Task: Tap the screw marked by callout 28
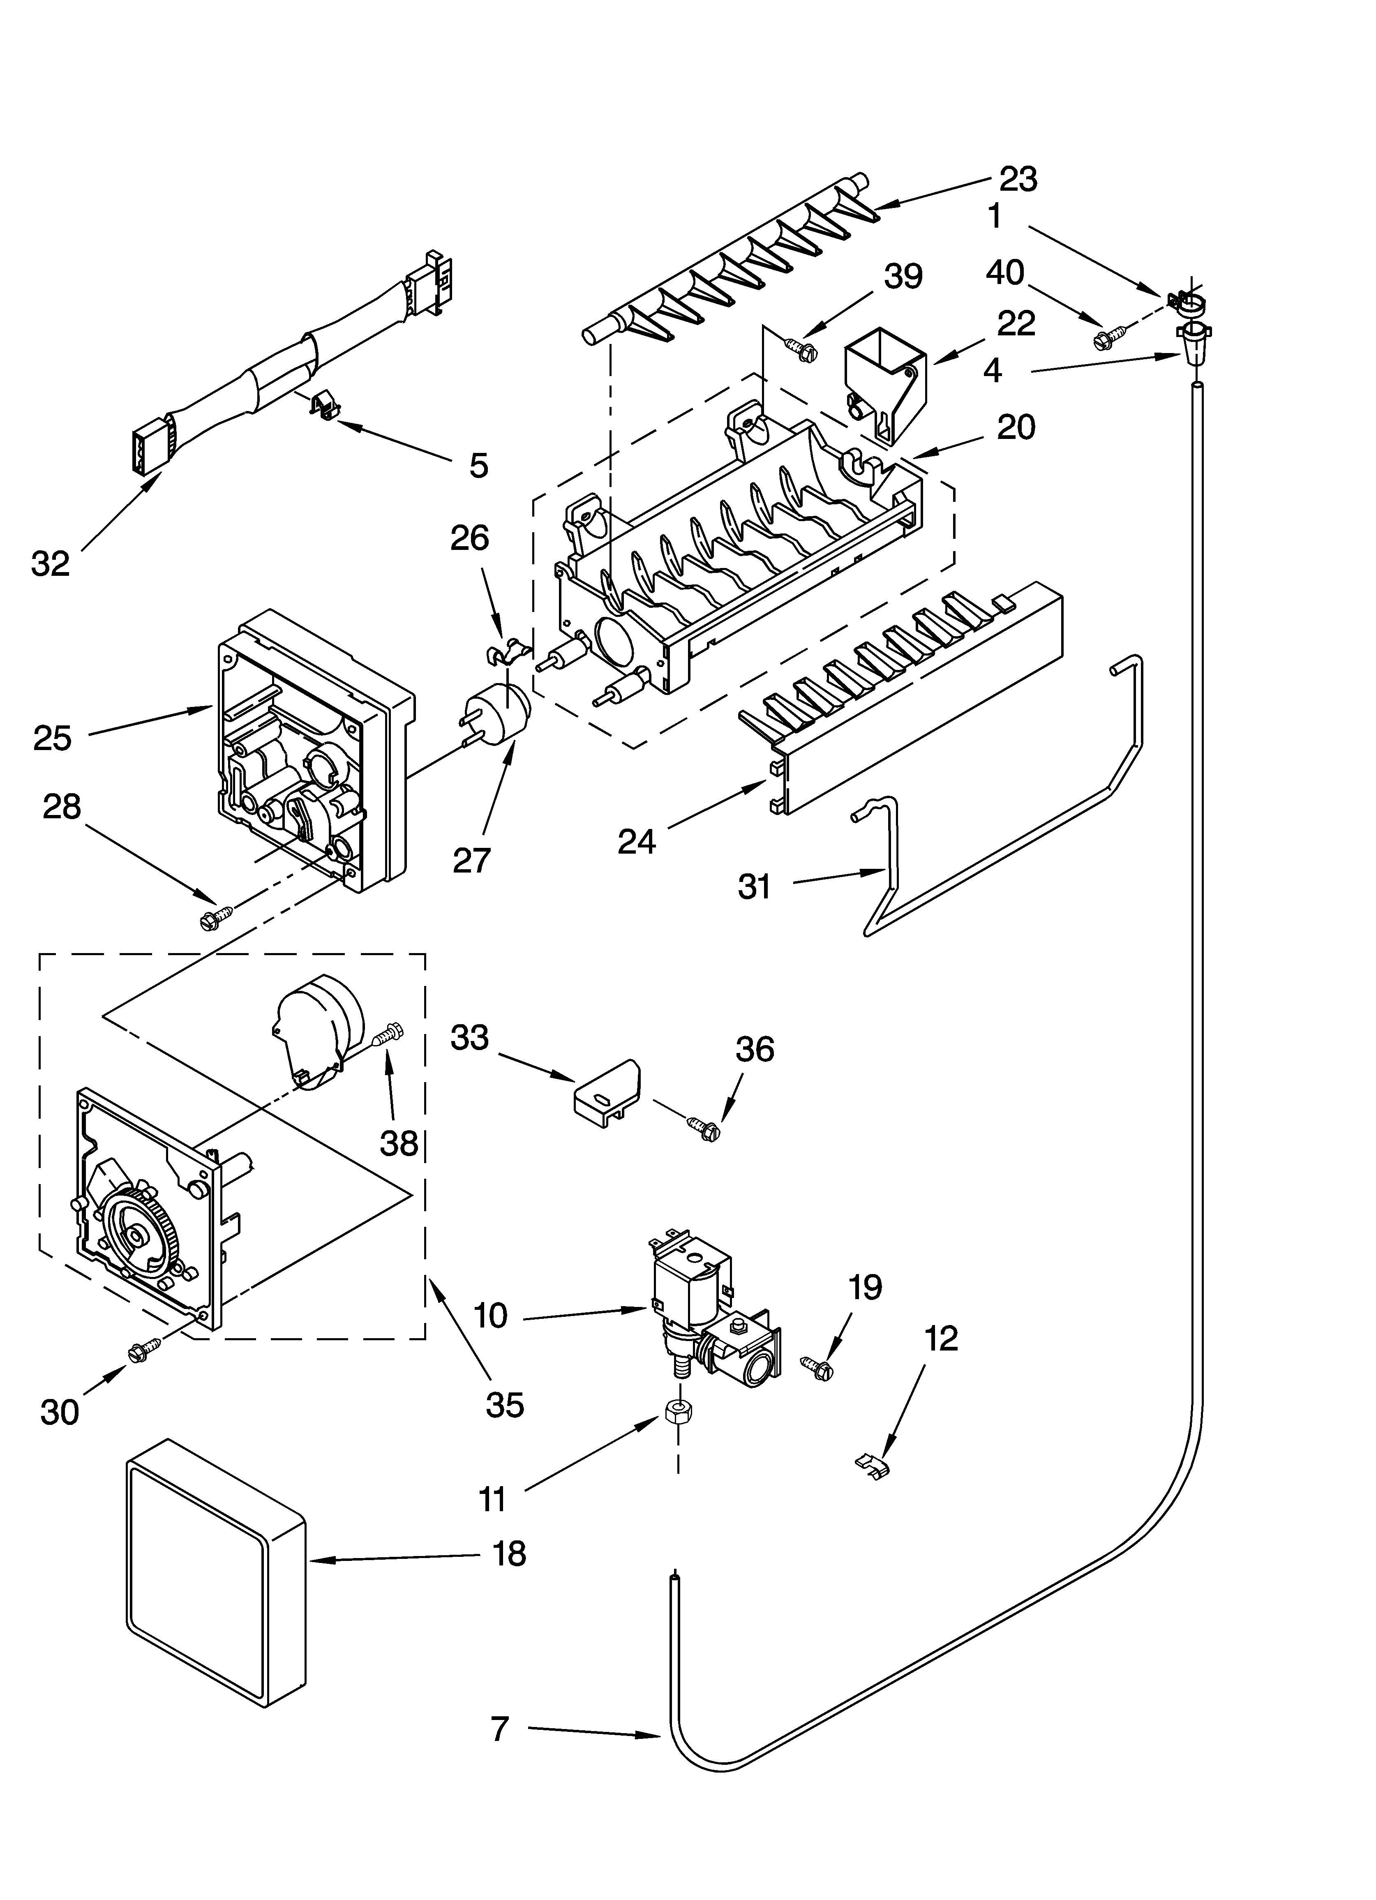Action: (214, 917)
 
